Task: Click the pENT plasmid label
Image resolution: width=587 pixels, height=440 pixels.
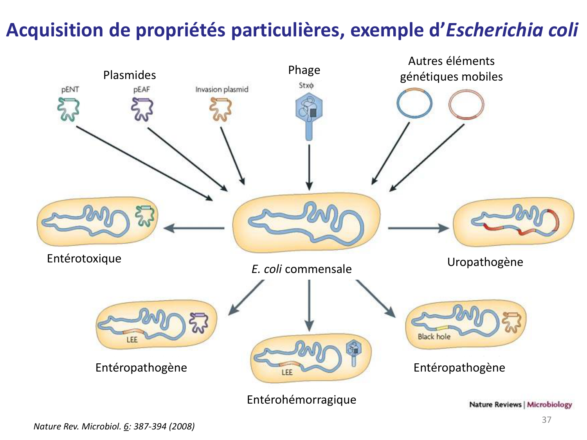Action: (x=70, y=89)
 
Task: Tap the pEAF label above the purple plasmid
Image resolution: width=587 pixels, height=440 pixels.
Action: (x=141, y=89)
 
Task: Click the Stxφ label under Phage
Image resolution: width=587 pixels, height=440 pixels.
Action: (x=306, y=85)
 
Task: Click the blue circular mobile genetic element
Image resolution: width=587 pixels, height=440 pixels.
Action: (x=414, y=103)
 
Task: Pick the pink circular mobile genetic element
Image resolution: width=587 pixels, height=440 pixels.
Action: (x=466, y=104)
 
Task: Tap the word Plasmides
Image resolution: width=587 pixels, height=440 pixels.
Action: (x=130, y=75)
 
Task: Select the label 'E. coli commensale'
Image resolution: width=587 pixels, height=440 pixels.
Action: (x=301, y=269)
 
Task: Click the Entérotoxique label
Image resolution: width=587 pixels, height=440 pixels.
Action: (x=84, y=258)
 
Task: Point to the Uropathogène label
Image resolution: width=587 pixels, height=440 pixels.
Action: (x=485, y=262)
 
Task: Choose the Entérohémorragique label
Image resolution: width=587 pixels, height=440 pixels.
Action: (x=301, y=399)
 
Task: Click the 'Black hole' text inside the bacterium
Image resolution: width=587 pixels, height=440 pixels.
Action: (x=434, y=336)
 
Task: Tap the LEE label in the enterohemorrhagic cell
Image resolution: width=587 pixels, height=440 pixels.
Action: (x=287, y=372)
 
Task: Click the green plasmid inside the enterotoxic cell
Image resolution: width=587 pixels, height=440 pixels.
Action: (x=145, y=216)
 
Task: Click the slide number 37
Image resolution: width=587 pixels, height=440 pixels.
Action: (x=546, y=420)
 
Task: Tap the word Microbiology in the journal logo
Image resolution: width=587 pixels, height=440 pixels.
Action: (x=549, y=404)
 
